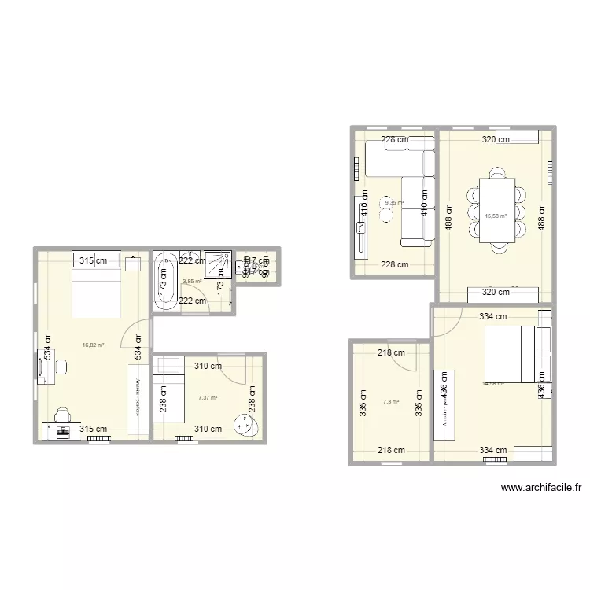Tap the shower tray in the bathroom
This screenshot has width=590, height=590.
(x=218, y=264)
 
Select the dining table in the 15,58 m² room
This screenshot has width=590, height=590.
(x=497, y=209)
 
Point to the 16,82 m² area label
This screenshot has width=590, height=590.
(x=94, y=345)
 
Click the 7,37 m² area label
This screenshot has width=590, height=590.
(x=208, y=398)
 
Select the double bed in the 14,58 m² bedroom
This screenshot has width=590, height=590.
(x=507, y=356)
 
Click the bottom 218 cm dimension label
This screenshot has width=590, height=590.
(x=390, y=451)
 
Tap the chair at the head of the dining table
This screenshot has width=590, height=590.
(x=497, y=172)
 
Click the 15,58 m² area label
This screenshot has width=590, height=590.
(x=496, y=216)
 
